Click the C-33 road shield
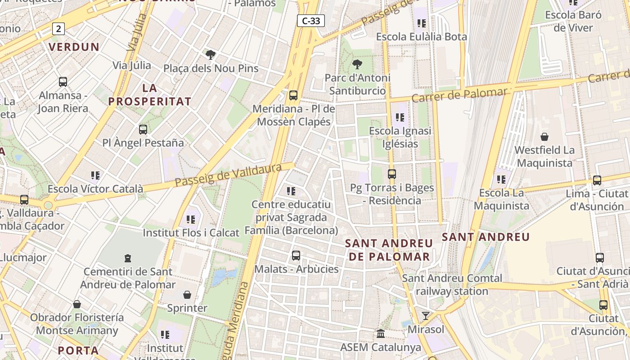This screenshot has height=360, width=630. (x=311, y=20)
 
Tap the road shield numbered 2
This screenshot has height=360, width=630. (x=58, y=29)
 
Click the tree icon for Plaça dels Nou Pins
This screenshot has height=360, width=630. (x=210, y=55)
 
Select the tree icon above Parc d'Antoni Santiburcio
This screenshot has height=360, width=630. (x=357, y=64)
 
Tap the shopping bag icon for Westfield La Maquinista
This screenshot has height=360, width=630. (x=544, y=136)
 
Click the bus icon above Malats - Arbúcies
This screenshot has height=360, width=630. (x=296, y=256)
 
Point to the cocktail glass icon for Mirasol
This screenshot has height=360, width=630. (x=425, y=315)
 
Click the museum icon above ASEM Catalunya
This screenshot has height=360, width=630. (x=381, y=334)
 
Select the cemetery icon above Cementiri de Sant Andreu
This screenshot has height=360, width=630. (x=128, y=258)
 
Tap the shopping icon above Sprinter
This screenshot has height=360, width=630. (x=187, y=295)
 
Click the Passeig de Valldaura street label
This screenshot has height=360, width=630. (x=228, y=175)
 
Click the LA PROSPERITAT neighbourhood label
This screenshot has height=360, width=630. (x=149, y=95)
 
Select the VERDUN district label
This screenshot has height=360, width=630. (x=74, y=47)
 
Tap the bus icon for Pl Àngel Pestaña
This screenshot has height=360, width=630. (x=143, y=130)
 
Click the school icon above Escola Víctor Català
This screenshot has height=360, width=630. (x=95, y=175)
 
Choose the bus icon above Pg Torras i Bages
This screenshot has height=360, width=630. (x=392, y=174)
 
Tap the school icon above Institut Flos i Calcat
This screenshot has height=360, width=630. (x=191, y=219)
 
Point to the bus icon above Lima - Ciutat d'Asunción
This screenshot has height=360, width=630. (x=597, y=180)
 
